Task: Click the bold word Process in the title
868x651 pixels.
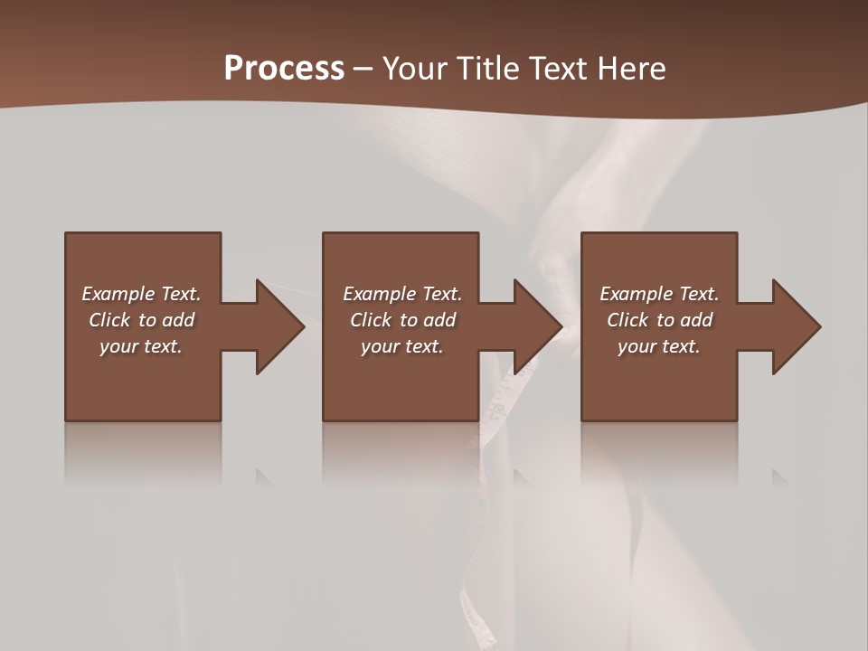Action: click(x=284, y=69)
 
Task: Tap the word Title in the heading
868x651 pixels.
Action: click(x=487, y=69)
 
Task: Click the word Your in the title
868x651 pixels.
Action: click(x=415, y=69)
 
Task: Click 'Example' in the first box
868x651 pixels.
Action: click(x=118, y=294)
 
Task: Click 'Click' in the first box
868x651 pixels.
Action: click(x=109, y=320)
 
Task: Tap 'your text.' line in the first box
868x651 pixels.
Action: click(x=141, y=346)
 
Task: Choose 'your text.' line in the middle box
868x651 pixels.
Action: click(x=401, y=346)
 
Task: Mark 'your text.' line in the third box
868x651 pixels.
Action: click(x=659, y=346)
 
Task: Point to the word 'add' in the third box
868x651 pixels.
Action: click(x=695, y=320)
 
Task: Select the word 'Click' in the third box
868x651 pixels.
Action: click(x=628, y=320)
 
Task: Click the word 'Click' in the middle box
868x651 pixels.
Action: click(x=371, y=320)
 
